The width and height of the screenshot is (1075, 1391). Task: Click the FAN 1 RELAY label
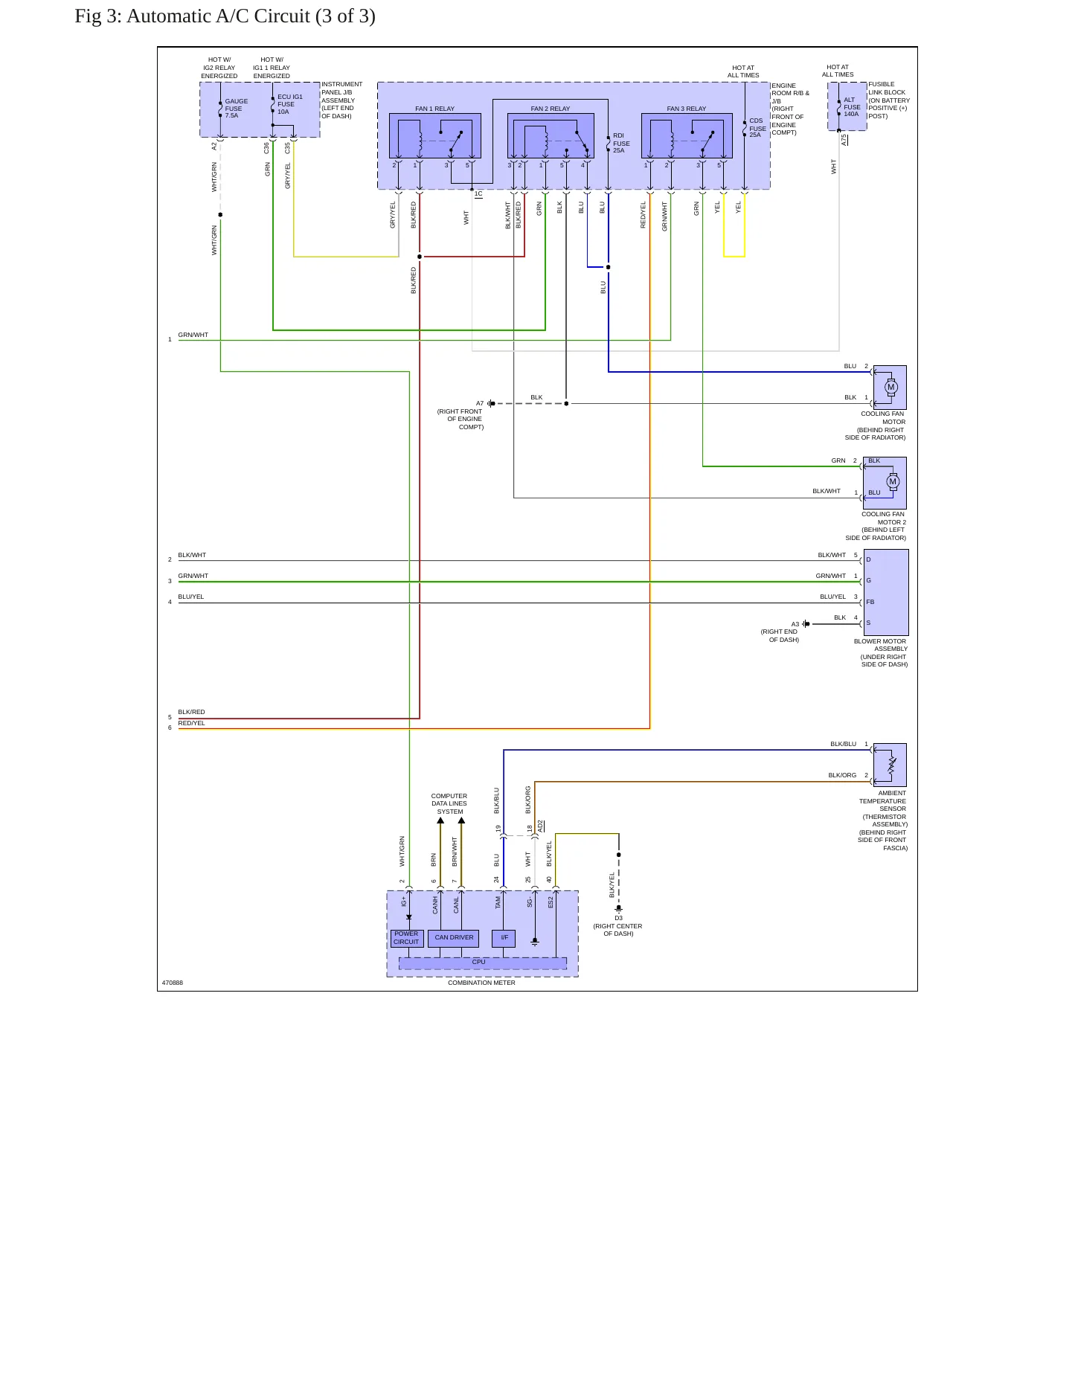434,109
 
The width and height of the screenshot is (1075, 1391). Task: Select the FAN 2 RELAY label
551,109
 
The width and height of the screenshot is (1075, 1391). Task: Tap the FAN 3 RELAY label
686,109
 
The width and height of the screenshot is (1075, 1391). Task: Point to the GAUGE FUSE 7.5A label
237,109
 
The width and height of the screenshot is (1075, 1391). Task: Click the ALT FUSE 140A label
852,107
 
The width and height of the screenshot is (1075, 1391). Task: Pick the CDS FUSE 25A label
757,128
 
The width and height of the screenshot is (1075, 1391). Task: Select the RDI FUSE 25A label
621,143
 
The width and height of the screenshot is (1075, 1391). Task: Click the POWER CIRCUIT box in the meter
406,938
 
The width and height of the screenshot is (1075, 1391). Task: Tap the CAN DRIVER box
454,938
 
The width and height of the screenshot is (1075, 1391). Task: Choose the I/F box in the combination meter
504,938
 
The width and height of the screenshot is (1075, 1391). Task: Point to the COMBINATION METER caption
481,983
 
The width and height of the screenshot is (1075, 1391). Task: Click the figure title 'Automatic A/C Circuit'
218,16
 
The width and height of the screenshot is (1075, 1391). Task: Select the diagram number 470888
173,983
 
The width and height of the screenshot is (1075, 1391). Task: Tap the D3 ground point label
618,918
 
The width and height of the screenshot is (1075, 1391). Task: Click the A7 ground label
480,403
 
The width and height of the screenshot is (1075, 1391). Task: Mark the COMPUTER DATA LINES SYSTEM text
449,803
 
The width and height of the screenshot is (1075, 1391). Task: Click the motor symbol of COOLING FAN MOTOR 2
893,482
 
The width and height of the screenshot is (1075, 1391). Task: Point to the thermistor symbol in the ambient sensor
892,765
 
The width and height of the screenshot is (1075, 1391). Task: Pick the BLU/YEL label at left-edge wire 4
191,597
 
